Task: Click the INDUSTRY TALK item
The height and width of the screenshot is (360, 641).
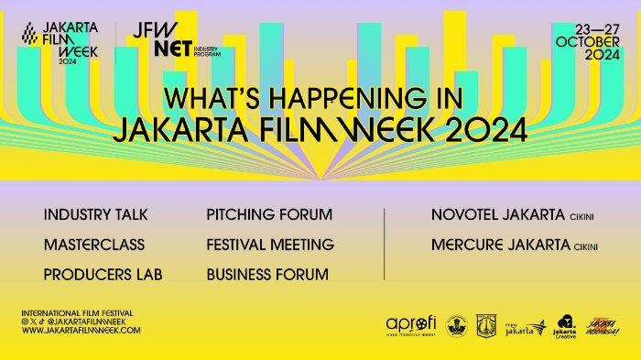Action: pos(95,214)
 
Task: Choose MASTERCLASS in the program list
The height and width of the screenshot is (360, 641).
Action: pos(87,245)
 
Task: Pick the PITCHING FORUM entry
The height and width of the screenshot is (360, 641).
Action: pos(269,214)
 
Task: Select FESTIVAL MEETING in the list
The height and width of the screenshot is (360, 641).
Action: pos(270,245)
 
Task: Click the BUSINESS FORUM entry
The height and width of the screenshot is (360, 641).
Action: pos(267,274)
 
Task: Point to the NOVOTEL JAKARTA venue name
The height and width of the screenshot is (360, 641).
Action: pos(491,214)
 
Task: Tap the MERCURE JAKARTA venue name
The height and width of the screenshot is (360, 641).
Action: pos(493,245)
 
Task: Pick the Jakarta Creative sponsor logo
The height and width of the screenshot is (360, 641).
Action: pos(565,326)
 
